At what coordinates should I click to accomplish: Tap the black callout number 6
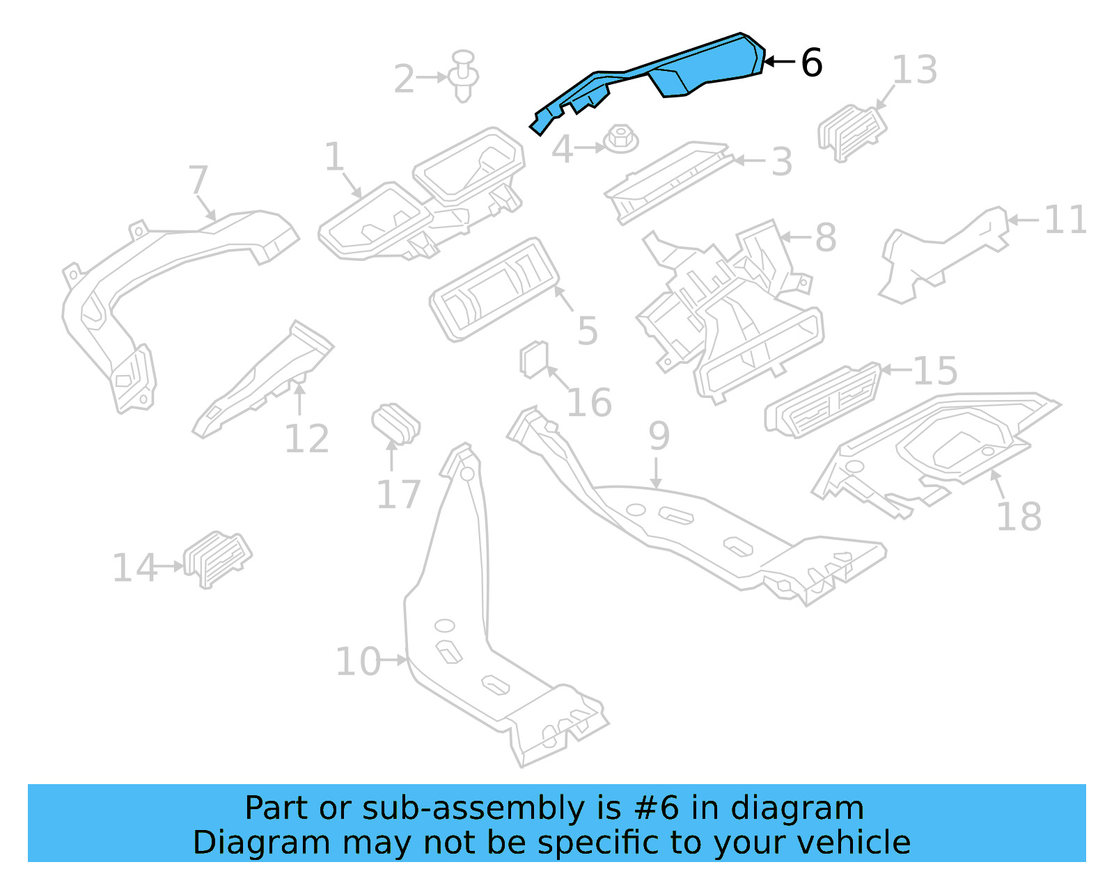(811, 63)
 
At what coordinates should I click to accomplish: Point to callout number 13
(914, 70)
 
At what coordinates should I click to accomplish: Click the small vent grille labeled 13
(851, 132)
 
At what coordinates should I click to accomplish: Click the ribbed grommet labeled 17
(395, 422)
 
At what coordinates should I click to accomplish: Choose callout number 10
(358, 662)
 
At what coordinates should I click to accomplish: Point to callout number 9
(659, 436)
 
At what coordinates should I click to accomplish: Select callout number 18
(1018, 517)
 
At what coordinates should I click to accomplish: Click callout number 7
(198, 180)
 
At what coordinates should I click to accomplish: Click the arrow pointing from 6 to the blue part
(780, 62)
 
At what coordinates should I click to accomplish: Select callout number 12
(306, 439)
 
